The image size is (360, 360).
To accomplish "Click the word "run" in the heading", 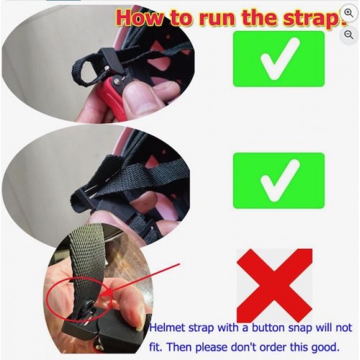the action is click(217, 19).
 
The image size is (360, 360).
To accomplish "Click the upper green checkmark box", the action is click(279, 59).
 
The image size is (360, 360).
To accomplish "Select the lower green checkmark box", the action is click(279, 181).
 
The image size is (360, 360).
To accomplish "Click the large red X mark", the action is click(274, 286).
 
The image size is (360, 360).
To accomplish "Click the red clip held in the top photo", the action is click(111, 96).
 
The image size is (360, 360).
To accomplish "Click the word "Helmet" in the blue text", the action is click(167, 328).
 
